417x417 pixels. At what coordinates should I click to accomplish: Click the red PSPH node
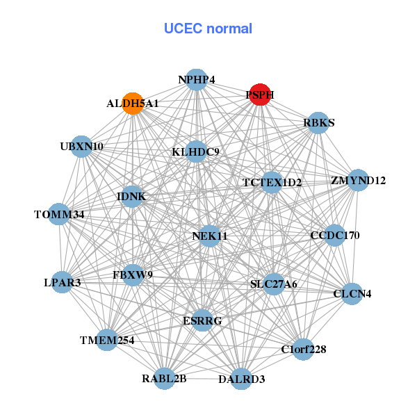[259, 95]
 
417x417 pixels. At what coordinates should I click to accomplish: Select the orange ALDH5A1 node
[132, 103]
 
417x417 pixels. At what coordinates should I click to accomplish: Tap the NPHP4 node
[196, 80]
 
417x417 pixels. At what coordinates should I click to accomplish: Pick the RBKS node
[318, 123]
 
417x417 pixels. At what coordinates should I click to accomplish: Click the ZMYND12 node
[358, 181]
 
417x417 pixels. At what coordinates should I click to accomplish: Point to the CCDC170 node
[335, 236]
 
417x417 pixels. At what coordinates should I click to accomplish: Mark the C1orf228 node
[304, 348]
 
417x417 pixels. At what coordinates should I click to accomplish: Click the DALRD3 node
[241, 379]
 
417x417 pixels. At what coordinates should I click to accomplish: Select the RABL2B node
[165, 379]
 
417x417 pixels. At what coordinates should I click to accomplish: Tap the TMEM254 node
[107, 340]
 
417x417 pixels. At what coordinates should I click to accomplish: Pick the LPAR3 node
[63, 282]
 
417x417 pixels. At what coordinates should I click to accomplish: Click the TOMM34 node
[59, 215]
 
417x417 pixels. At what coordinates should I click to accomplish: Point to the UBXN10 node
[82, 147]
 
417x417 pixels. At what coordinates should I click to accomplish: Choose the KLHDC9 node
[196, 152]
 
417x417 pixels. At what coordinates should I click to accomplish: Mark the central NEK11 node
[210, 236]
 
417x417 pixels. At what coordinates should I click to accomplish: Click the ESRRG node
[202, 320]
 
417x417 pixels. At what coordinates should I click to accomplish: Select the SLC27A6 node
[273, 284]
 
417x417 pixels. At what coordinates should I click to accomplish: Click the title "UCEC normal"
[208, 28]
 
